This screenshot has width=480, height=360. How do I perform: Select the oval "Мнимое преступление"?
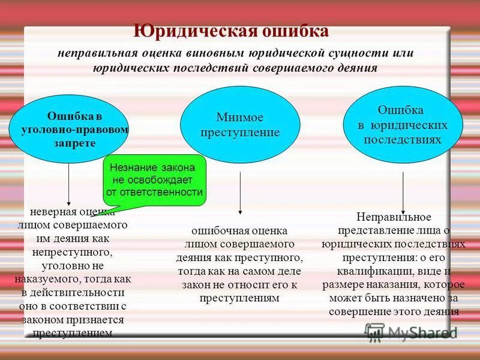[x=240, y=125]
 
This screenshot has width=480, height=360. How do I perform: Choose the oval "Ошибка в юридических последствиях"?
[x=403, y=124]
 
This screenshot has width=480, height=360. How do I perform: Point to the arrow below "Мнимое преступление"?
[x=240, y=192]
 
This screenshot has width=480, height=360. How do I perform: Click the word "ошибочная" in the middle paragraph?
[x=215, y=230]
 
